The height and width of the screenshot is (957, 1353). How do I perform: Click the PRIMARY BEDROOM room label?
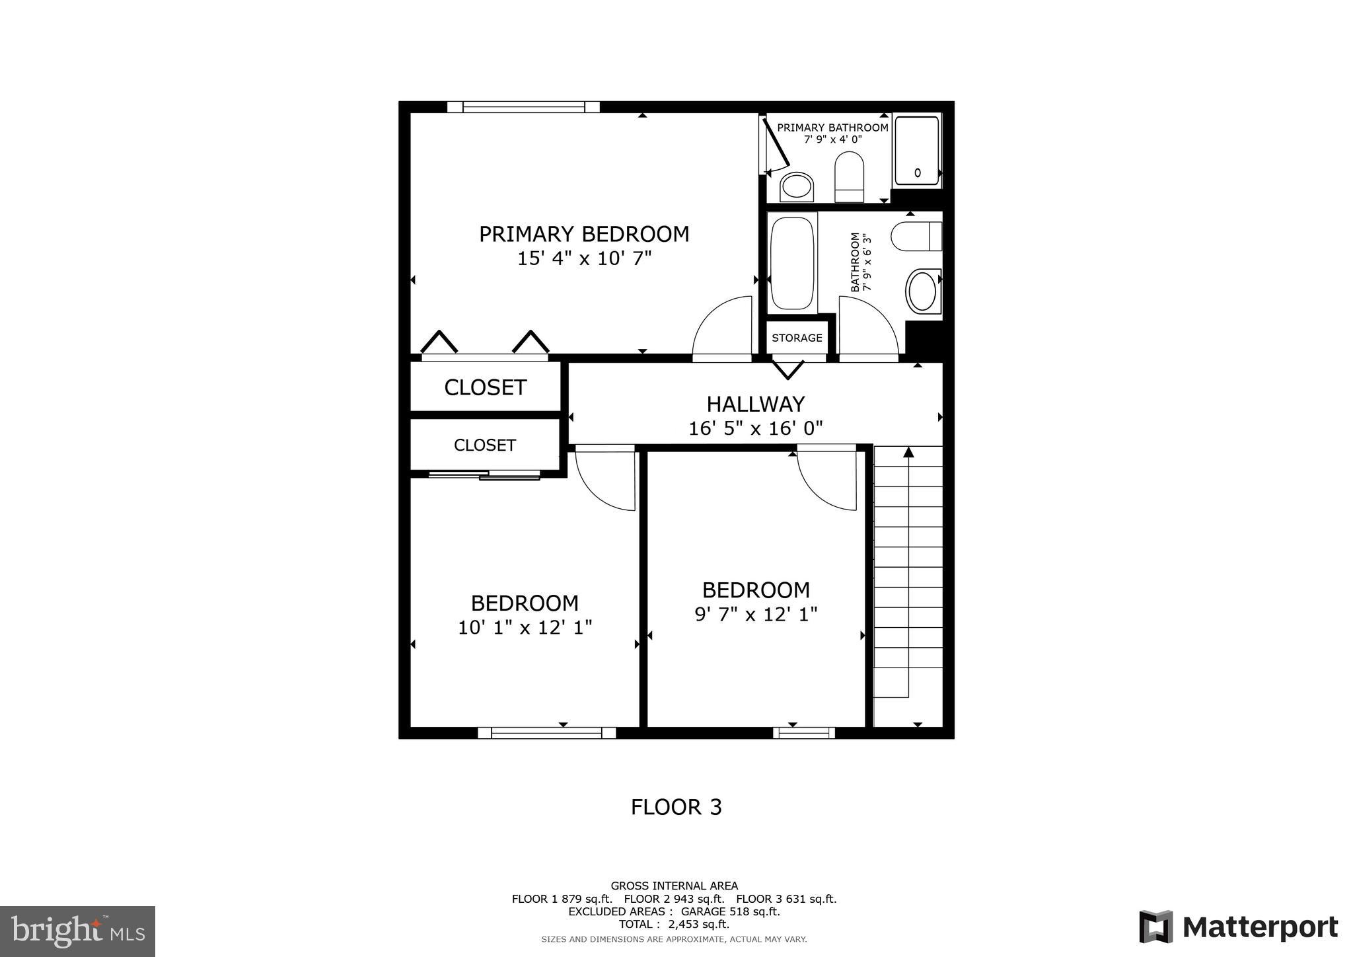(584, 234)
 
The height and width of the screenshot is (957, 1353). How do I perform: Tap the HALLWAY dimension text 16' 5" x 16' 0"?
(755, 429)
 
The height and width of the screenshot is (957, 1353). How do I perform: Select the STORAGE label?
(797, 338)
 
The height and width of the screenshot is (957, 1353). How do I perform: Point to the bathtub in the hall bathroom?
(792, 263)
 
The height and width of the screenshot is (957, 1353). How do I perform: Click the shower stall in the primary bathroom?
(916, 151)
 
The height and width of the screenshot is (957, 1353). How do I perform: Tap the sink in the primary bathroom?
(796, 186)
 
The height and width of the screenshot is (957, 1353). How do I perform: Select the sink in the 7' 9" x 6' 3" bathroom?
(922, 291)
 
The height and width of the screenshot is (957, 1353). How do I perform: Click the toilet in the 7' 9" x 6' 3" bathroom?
(916, 237)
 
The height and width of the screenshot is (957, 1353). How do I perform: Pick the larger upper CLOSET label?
(485, 387)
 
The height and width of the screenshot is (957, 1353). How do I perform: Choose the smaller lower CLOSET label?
(484, 445)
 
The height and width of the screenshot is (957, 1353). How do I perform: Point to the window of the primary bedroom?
(523, 107)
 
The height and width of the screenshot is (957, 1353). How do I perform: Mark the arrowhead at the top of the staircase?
(908, 452)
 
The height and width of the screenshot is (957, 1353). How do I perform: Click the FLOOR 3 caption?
(676, 807)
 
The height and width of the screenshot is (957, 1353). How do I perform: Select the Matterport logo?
(1238, 927)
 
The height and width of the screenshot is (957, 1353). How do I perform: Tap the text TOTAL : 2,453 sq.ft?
(674, 924)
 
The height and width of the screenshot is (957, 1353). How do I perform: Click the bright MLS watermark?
(78, 931)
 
